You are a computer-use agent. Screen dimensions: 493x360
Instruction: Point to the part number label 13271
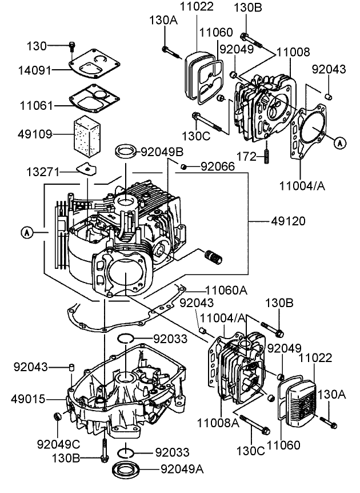42,172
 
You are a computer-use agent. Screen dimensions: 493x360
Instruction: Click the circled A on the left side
26,232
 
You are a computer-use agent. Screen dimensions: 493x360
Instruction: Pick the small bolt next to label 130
72,45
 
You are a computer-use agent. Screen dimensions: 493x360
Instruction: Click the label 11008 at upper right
293,52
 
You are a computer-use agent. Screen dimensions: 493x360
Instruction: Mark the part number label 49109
37,134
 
